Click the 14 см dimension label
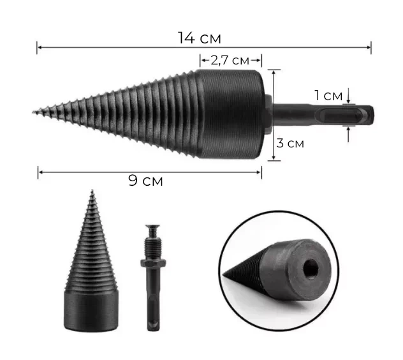[x=200, y=38]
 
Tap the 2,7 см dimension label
[x=230, y=61]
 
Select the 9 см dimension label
[x=145, y=181]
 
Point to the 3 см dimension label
[x=290, y=143]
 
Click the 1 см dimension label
[x=329, y=96]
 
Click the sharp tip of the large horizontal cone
[x=33, y=112]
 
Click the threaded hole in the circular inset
[x=311, y=269]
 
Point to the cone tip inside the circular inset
[x=224, y=274]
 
